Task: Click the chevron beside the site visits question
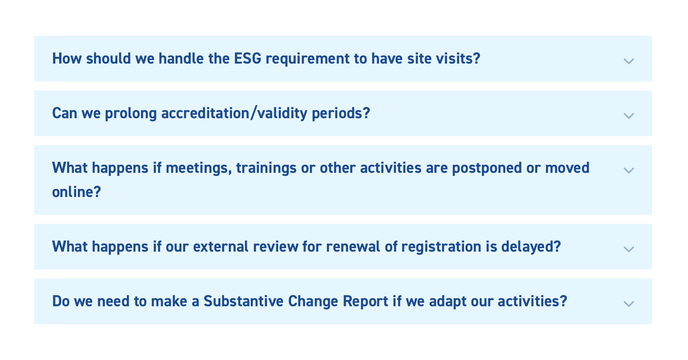[x=628, y=61]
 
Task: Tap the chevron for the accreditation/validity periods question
[x=628, y=116]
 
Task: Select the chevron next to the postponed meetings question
[x=628, y=170]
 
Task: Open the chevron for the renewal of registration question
[x=628, y=249]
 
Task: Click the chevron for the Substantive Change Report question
[x=628, y=304]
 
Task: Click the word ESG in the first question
[x=248, y=58]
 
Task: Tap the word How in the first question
[x=67, y=58]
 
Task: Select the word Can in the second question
[x=64, y=113]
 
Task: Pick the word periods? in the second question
[x=341, y=114]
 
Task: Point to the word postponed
[x=487, y=168]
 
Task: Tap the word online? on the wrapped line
[x=77, y=192]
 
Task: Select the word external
[x=220, y=246]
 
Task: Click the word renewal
[x=353, y=246]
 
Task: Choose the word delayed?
[x=531, y=247]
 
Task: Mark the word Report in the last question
[x=365, y=302]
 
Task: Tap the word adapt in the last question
[x=447, y=302]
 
